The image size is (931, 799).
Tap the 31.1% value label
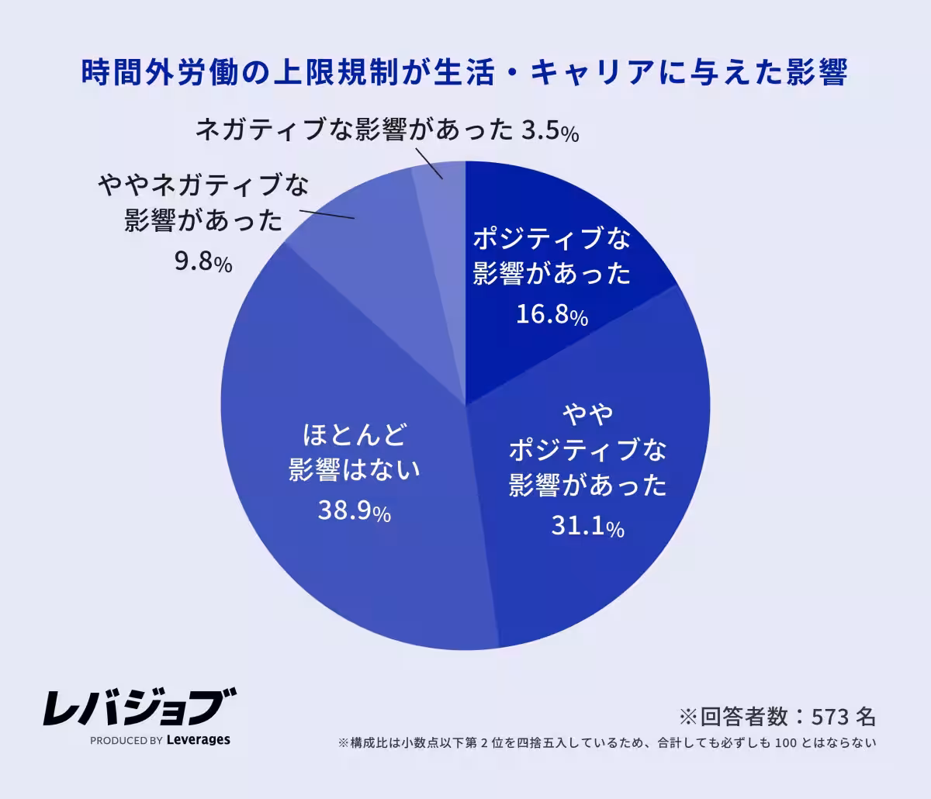pyautogui.click(x=587, y=527)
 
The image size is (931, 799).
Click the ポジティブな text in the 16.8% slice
pyautogui.click(x=552, y=239)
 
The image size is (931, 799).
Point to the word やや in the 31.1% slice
pyautogui.click(x=588, y=413)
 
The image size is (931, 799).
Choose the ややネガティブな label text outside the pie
pyautogui.click(x=203, y=186)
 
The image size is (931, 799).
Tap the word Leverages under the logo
pyautogui.click(x=199, y=739)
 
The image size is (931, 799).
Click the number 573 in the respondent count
pyautogui.click(x=830, y=714)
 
